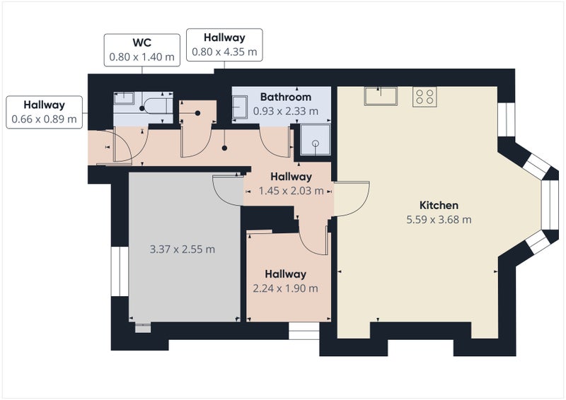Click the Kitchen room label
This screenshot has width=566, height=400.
point(439,205)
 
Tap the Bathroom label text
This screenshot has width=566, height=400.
point(286,97)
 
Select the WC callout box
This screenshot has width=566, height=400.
point(142,50)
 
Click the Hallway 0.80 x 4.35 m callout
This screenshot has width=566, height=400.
point(224,45)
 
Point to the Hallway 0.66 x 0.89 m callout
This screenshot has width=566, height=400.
point(44,112)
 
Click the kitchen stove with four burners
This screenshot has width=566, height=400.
point(424,97)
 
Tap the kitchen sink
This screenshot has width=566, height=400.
point(381,96)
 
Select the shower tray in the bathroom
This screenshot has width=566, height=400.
point(316,140)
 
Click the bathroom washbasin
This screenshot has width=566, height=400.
point(240,107)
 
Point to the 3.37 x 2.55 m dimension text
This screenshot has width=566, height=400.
point(183,249)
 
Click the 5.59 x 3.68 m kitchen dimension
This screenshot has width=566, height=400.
point(439,220)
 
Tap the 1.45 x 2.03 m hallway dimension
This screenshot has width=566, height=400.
point(291,191)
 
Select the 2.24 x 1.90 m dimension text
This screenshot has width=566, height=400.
point(286,288)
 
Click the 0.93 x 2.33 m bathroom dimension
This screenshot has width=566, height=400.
point(286,111)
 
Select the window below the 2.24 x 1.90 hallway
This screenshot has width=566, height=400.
point(304,331)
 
